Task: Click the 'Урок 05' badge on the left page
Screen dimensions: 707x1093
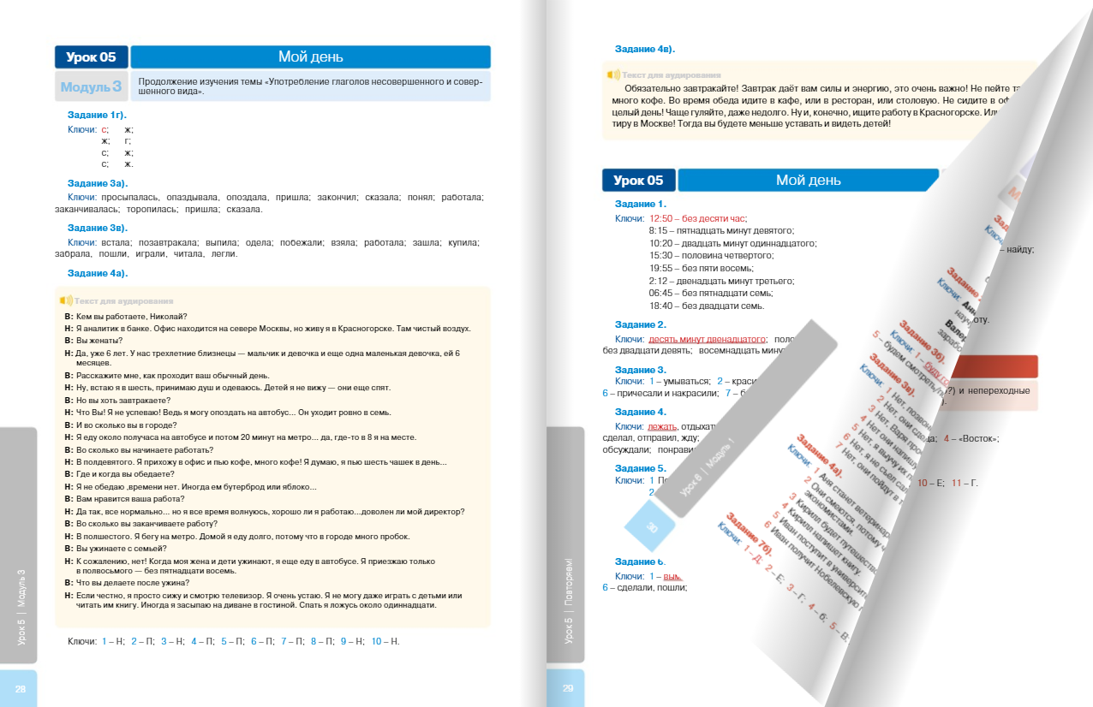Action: [91, 57]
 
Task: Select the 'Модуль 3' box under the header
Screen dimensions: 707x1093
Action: [91, 86]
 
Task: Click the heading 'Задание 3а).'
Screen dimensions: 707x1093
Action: [97, 183]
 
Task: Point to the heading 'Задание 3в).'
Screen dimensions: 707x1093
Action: [97, 228]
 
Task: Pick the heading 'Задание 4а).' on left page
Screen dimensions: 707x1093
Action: [97, 273]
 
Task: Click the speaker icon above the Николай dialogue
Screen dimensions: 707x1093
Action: [65, 300]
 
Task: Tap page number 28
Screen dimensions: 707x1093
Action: [21, 688]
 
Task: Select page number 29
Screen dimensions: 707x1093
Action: [567, 688]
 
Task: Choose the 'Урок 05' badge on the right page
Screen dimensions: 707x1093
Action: [638, 180]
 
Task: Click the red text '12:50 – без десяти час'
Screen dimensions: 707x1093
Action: [698, 218]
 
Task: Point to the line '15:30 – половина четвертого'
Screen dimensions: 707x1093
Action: [711, 255]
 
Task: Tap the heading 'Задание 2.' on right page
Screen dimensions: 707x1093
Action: [640, 324]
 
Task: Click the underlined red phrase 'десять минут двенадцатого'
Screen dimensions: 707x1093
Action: [706, 338]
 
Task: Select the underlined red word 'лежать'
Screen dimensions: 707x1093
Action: [662, 426]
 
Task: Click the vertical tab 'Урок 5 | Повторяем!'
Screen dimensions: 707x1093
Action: [568, 600]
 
